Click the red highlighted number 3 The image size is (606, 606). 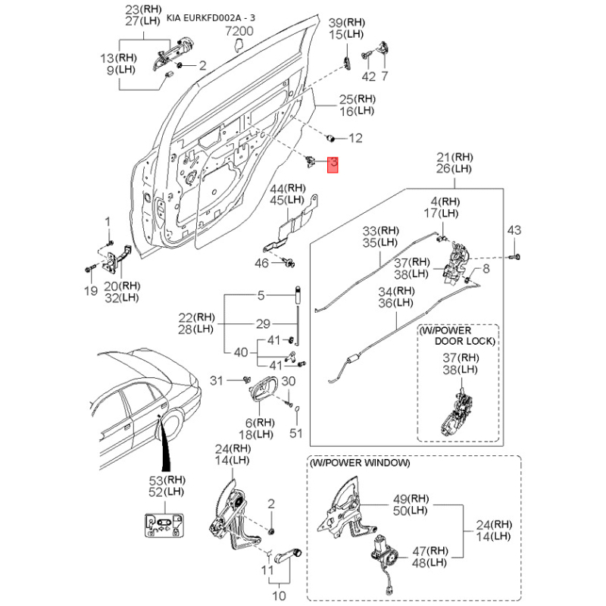point(333,165)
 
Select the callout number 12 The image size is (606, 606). point(355,138)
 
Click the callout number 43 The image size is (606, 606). point(514,230)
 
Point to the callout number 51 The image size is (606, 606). point(295,434)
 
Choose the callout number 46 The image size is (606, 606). point(261,263)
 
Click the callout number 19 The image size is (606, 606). point(90,291)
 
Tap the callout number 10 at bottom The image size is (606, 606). point(279,596)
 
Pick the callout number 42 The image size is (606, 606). point(369,77)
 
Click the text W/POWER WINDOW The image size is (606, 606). point(360,462)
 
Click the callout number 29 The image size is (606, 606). point(262,324)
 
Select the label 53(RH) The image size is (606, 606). point(165,479)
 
